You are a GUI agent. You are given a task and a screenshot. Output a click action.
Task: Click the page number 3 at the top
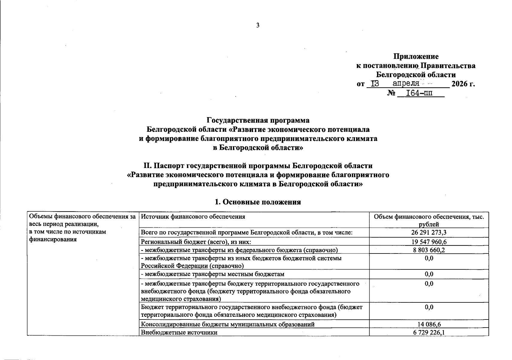pos(257,26)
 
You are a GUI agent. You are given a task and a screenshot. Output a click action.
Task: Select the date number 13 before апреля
pos(375,84)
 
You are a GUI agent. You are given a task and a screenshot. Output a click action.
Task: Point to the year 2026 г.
pos(463,84)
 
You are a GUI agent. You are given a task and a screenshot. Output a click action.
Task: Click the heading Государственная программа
pos(258,120)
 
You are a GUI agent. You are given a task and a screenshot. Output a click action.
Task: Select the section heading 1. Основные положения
pos(258,202)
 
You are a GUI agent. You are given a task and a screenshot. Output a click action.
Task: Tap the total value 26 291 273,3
pos(429,232)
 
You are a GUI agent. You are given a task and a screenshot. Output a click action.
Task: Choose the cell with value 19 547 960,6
pos(429,242)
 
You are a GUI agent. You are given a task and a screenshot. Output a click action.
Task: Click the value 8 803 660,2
pos(429,250)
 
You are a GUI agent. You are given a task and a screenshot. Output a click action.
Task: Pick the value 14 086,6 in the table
pos(429,324)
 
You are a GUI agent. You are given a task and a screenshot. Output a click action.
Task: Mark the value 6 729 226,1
pos(429,332)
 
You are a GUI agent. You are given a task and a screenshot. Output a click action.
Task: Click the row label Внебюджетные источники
pos(179,332)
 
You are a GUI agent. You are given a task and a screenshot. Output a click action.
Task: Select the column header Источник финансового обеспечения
pos(193,217)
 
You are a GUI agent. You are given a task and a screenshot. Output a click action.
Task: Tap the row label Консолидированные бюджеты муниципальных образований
pos(228,324)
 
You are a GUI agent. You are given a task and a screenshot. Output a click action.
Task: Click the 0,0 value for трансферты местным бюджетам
pos(429,274)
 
